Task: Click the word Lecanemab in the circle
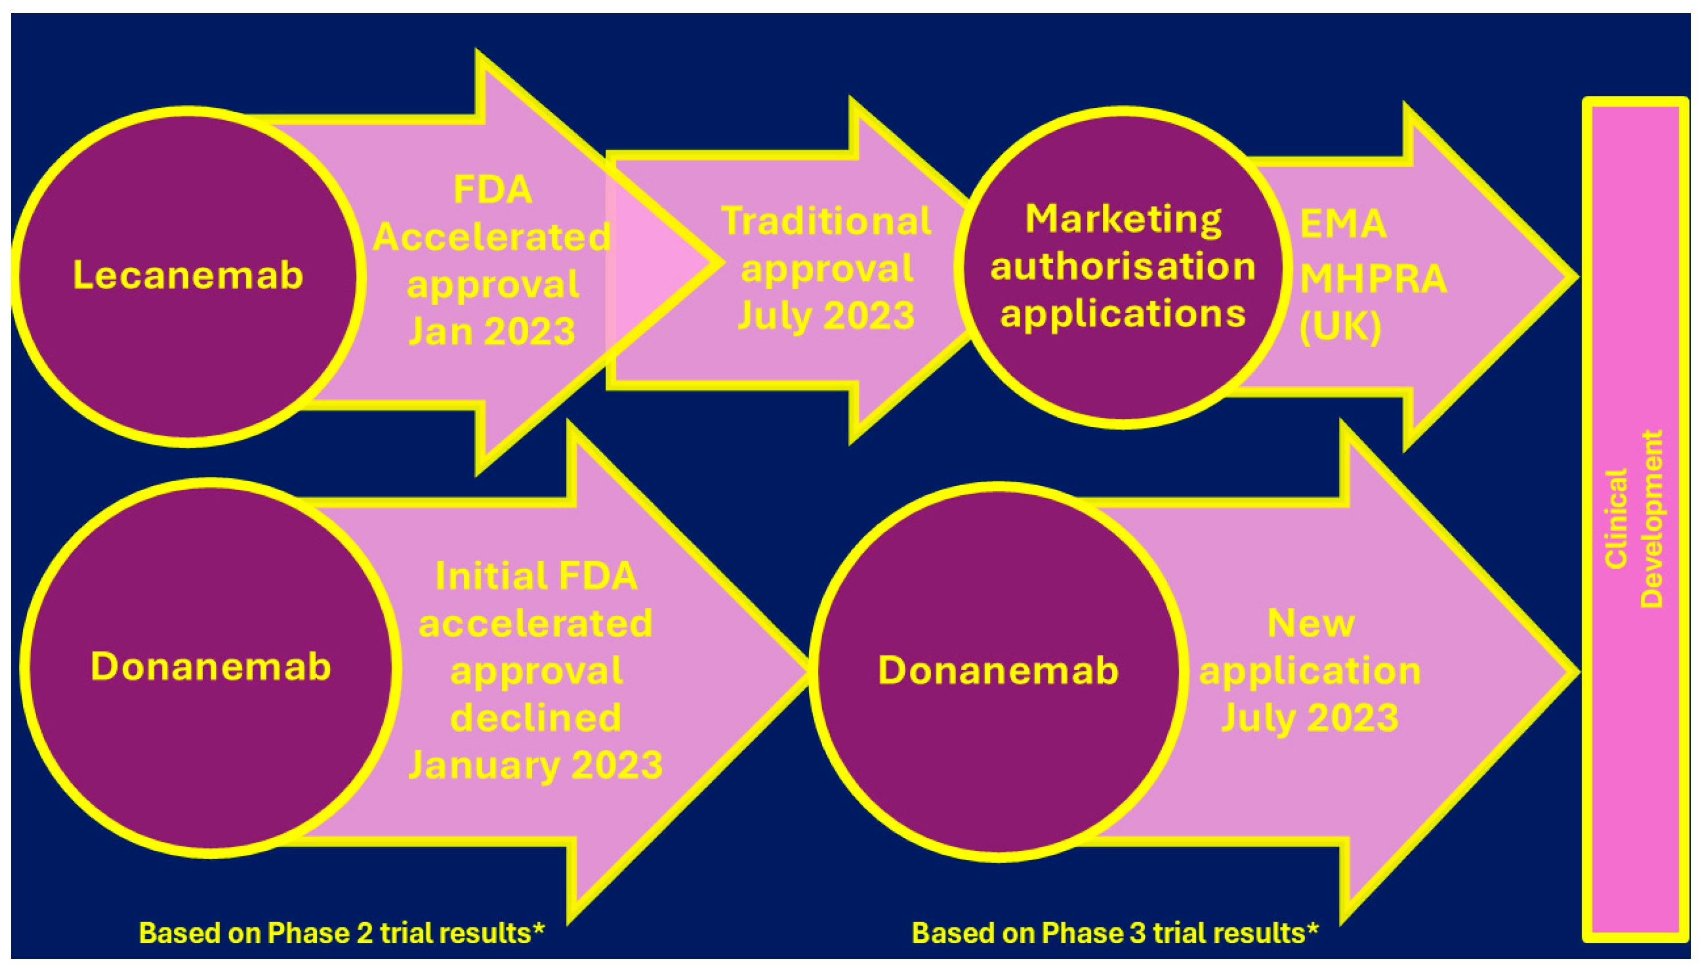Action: pyautogui.click(x=188, y=275)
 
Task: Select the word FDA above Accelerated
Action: pyautogui.click(x=493, y=189)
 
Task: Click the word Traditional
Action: pyautogui.click(x=826, y=221)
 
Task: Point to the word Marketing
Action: pyautogui.click(x=1123, y=220)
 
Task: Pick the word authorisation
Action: pyautogui.click(x=1122, y=266)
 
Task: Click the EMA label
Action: pyautogui.click(x=1342, y=224)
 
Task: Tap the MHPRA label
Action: pyautogui.click(x=1373, y=278)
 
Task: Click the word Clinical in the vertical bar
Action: pyautogui.click(x=1616, y=519)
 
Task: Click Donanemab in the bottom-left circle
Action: pyautogui.click(x=211, y=667)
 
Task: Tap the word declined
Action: pyautogui.click(x=536, y=718)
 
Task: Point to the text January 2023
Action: pyautogui.click(x=536, y=765)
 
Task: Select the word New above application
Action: pyautogui.click(x=1311, y=623)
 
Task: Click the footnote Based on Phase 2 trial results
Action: pyautogui.click(x=342, y=933)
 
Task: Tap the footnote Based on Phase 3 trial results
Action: pyautogui.click(x=1115, y=933)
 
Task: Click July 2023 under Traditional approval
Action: pyautogui.click(x=826, y=316)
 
